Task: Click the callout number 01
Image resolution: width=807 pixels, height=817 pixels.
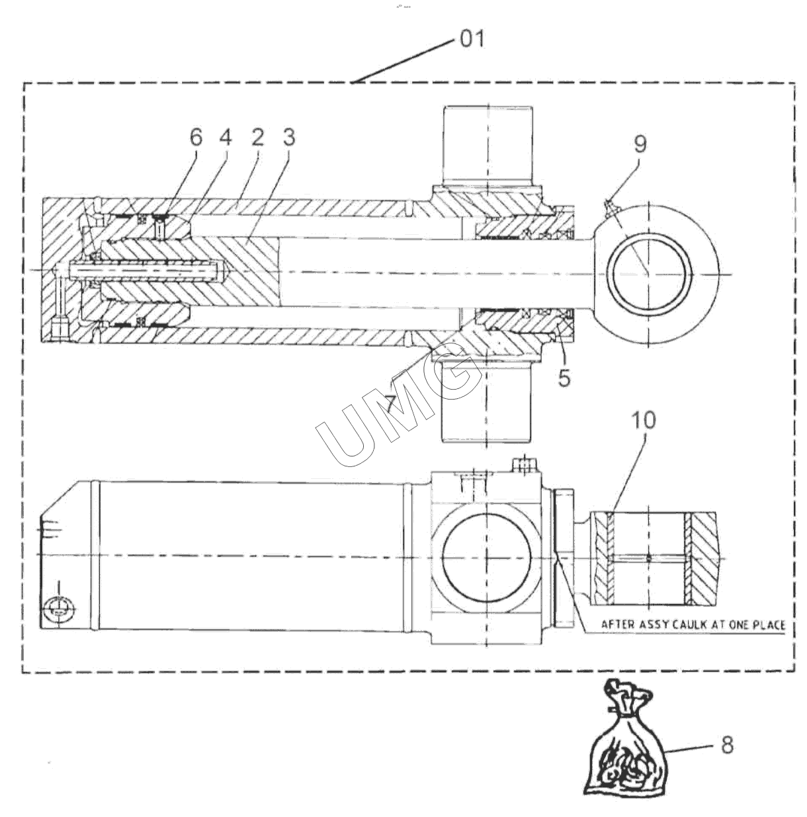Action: tap(472, 40)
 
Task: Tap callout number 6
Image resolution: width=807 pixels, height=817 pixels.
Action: tap(196, 137)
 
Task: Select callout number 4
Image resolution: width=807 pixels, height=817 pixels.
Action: tap(226, 137)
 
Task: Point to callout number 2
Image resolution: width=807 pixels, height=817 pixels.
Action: tap(257, 137)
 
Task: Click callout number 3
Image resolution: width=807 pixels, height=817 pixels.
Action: tap(289, 137)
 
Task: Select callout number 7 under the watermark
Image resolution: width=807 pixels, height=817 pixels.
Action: tap(391, 404)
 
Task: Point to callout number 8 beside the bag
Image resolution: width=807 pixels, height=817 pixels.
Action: tap(727, 745)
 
